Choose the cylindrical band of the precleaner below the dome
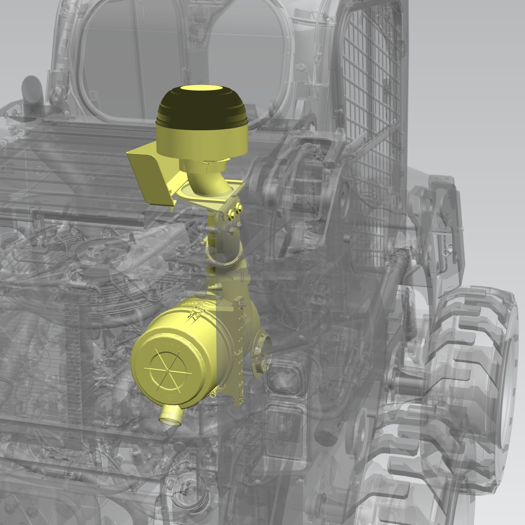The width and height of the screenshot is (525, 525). tap(202, 140)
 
